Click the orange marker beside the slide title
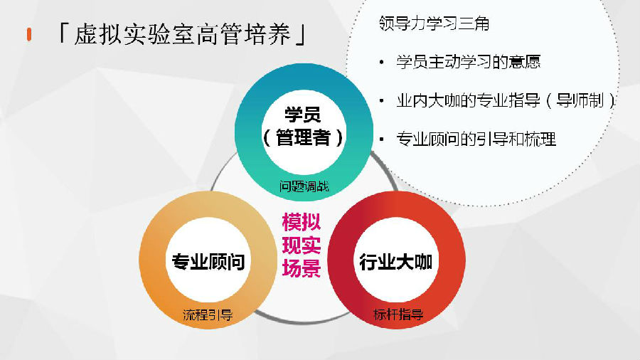(x=29, y=34)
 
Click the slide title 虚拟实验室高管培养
(x=182, y=34)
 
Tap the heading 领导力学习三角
(x=434, y=23)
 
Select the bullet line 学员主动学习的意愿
(x=468, y=62)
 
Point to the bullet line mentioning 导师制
(x=506, y=100)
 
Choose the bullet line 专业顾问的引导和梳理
(x=476, y=139)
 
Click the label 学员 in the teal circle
(x=303, y=115)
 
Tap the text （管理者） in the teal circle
(x=303, y=137)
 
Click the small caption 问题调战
(x=304, y=186)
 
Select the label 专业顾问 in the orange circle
(x=208, y=262)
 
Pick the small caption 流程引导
(x=208, y=314)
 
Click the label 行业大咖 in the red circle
(x=396, y=262)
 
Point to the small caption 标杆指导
(x=398, y=314)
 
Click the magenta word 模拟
(x=302, y=222)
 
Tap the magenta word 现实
(x=302, y=245)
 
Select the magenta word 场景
(x=302, y=268)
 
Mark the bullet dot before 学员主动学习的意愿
(x=382, y=63)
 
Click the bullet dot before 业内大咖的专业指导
(x=382, y=101)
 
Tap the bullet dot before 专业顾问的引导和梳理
(x=382, y=139)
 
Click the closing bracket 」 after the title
(x=301, y=34)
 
